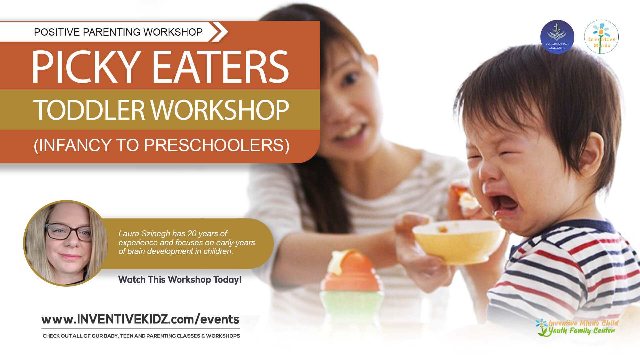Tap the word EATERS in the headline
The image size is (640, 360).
(221, 67)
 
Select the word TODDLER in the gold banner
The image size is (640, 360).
(89, 110)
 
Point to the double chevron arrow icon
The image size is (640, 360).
(219, 32)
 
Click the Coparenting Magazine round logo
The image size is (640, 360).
(557, 37)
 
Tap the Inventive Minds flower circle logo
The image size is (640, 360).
(601, 37)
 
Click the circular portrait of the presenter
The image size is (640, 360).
(66, 243)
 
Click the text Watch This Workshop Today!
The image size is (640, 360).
(180, 279)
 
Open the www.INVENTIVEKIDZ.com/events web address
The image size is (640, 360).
(140, 319)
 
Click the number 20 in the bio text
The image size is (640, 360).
(192, 234)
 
